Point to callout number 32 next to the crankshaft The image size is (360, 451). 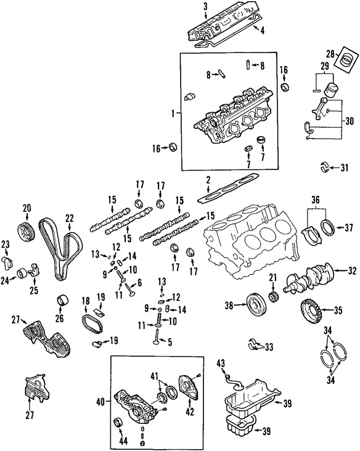(x=352, y=270)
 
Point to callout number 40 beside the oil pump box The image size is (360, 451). (x=101, y=402)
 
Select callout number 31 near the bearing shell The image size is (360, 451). (x=345, y=167)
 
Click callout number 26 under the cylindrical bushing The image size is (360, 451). (x=60, y=319)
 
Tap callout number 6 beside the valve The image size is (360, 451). (x=140, y=282)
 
